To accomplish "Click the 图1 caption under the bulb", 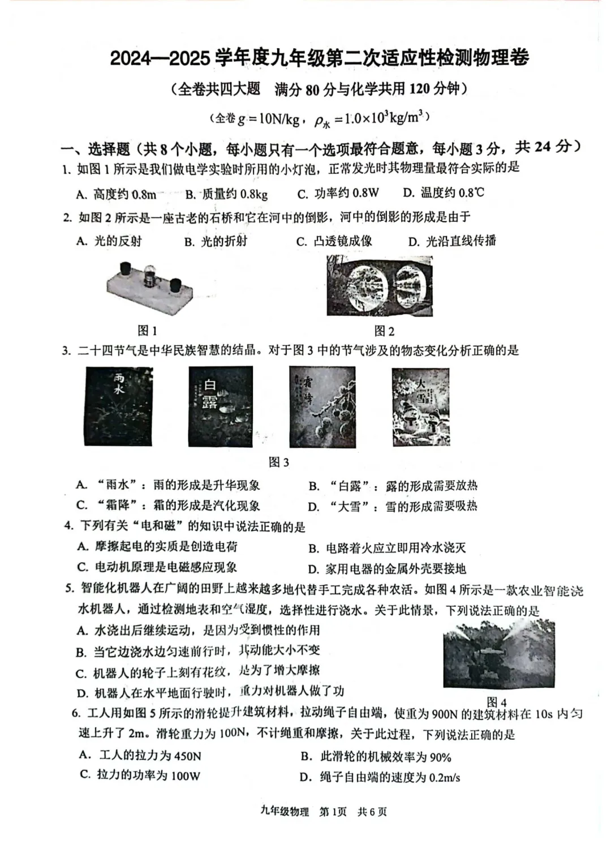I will click(147, 331).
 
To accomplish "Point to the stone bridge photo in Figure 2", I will click(380, 286).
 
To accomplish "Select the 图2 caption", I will click(384, 331).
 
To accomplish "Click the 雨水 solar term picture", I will click(119, 406).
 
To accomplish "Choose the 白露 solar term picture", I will click(221, 406).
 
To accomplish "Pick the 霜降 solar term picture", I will click(322, 406).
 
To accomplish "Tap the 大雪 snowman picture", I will click(421, 406).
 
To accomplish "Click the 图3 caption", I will click(278, 462).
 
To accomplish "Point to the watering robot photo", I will click(498, 654).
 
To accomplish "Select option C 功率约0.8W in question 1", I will click(338, 194).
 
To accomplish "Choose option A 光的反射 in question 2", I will click(109, 241).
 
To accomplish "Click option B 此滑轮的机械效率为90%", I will click(376, 757).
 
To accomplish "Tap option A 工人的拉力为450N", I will click(140, 756).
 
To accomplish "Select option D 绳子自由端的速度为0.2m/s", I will click(380, 777).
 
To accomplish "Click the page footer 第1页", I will click(333, 812).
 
